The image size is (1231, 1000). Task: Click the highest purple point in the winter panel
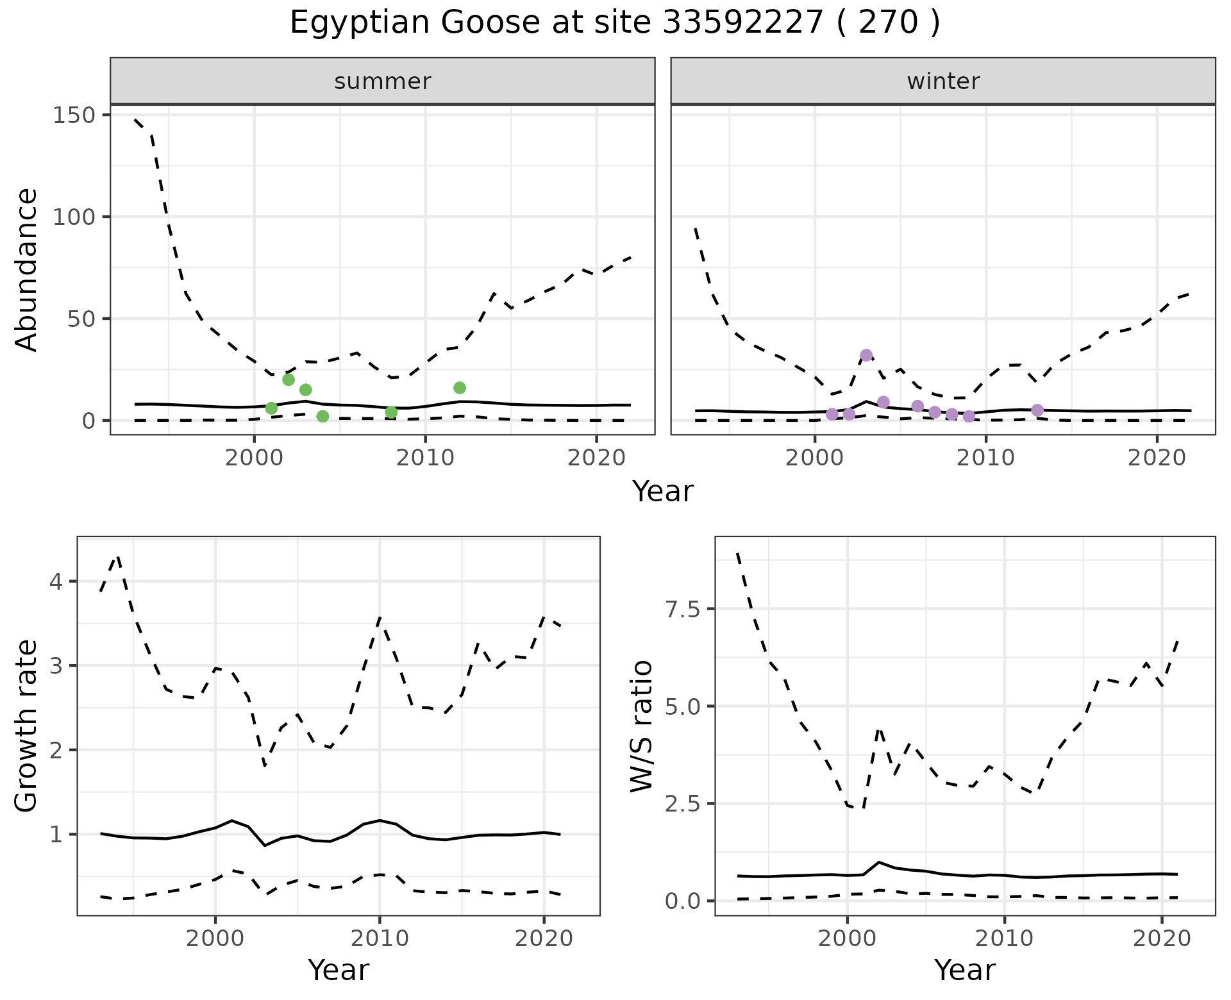point(866,355)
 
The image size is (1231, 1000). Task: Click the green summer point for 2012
point(460,388)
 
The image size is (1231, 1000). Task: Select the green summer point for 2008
point(391,412)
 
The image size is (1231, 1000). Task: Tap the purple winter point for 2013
point(1037,410)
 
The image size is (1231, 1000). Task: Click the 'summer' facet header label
point(383,81)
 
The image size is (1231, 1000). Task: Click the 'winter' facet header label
point(943,81)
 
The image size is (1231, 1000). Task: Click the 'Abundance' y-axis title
point(26,269)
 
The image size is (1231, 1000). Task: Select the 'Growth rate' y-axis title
point(26,726)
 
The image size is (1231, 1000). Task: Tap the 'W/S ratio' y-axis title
point(641,726)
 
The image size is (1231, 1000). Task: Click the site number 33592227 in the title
point(742,23)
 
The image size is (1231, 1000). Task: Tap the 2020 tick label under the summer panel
point(596,458)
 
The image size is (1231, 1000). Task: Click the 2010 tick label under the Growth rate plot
point(380,938)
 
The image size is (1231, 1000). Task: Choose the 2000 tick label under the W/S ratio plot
point(848,938)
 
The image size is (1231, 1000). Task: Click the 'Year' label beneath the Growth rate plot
point(339,970)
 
